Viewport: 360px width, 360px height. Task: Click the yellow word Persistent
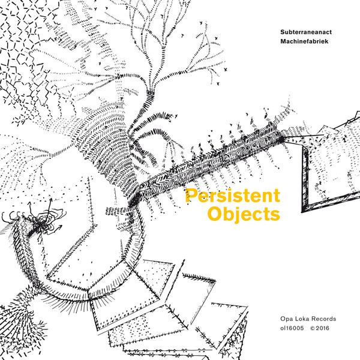pyautogui.click(x=232, y=196)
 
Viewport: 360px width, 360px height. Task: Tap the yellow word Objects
pyautogui.click(x=243, y=214)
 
